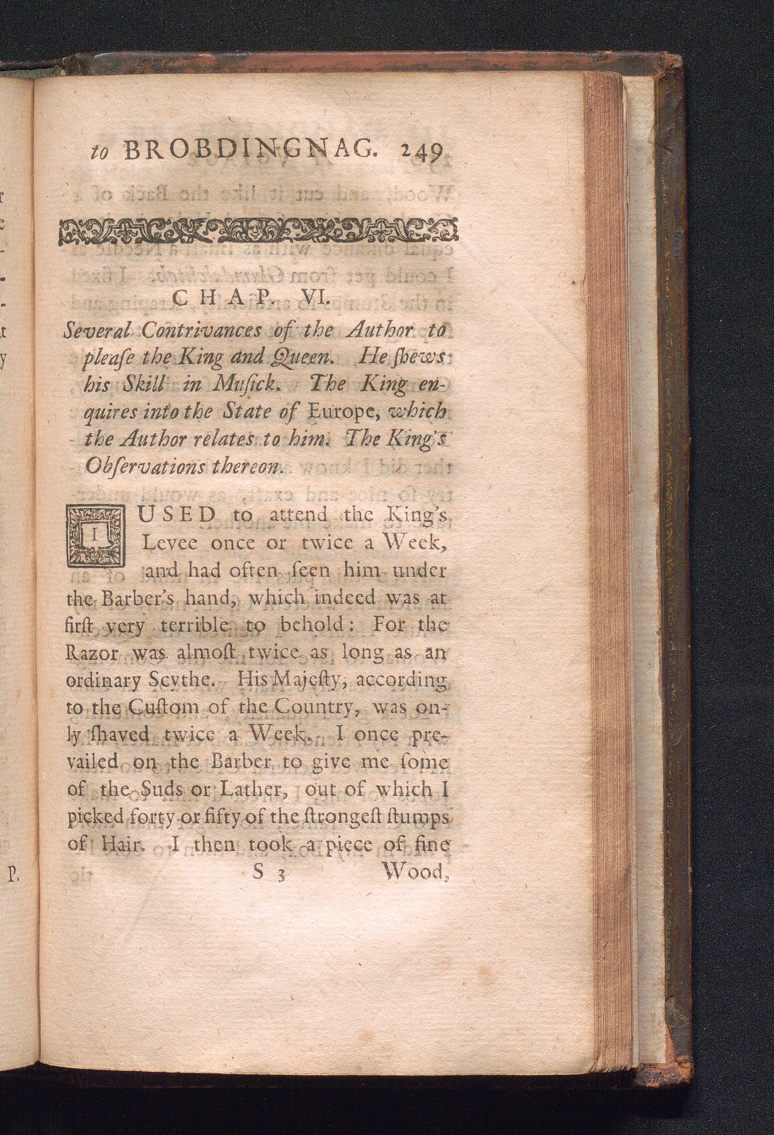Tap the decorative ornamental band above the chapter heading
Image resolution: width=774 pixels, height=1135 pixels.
(258, 231)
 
